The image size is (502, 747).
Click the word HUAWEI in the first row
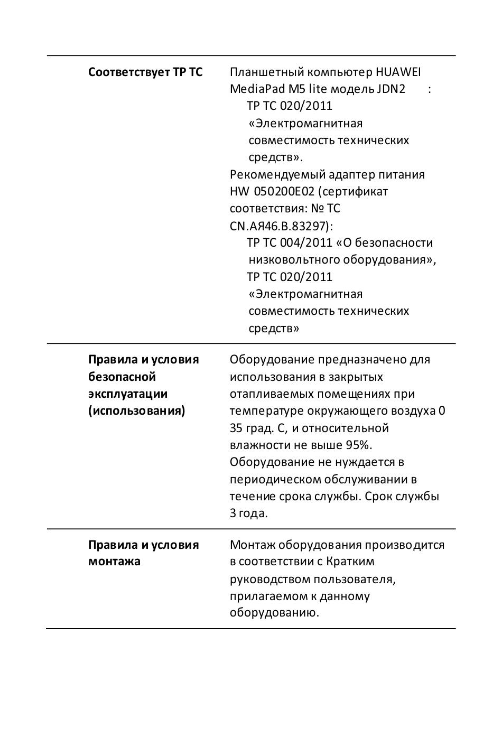(398, 72)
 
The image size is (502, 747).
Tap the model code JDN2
(391, 89)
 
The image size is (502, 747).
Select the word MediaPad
(254, 89)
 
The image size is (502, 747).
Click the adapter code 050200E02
(280, 191)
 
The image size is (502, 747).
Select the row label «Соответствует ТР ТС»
(145, 72)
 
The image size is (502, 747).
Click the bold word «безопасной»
(122, 377)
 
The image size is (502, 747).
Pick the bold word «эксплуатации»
(128, 394)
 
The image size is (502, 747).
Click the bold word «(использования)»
(137, 410)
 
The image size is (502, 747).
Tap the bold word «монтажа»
(114, 561)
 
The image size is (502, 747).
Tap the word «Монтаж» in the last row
(252, 545)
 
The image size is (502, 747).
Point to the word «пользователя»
(354, 579)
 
